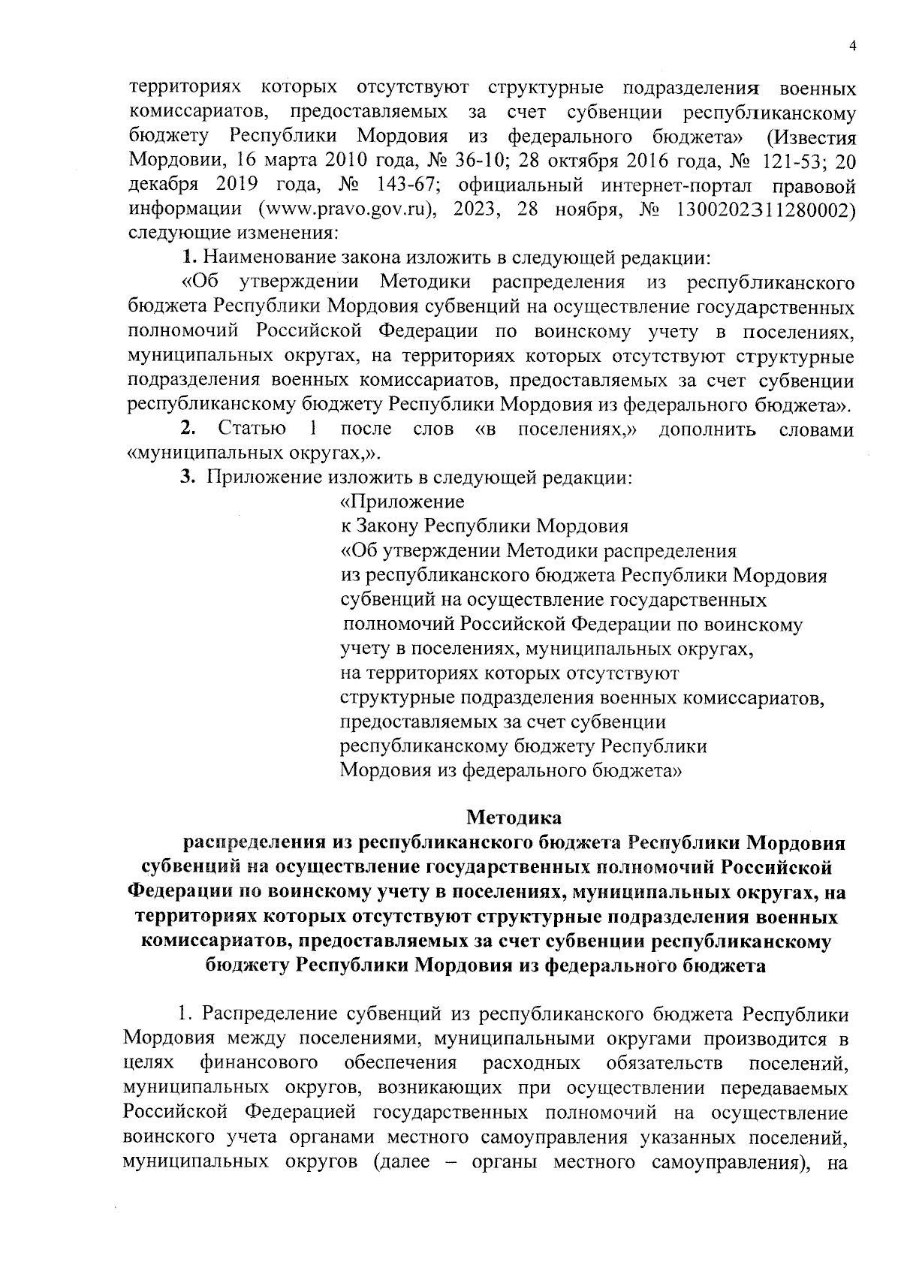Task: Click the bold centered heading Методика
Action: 514,815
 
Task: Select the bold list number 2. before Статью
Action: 188,429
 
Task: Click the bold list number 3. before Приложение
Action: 188,477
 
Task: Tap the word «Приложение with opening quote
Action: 402,501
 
